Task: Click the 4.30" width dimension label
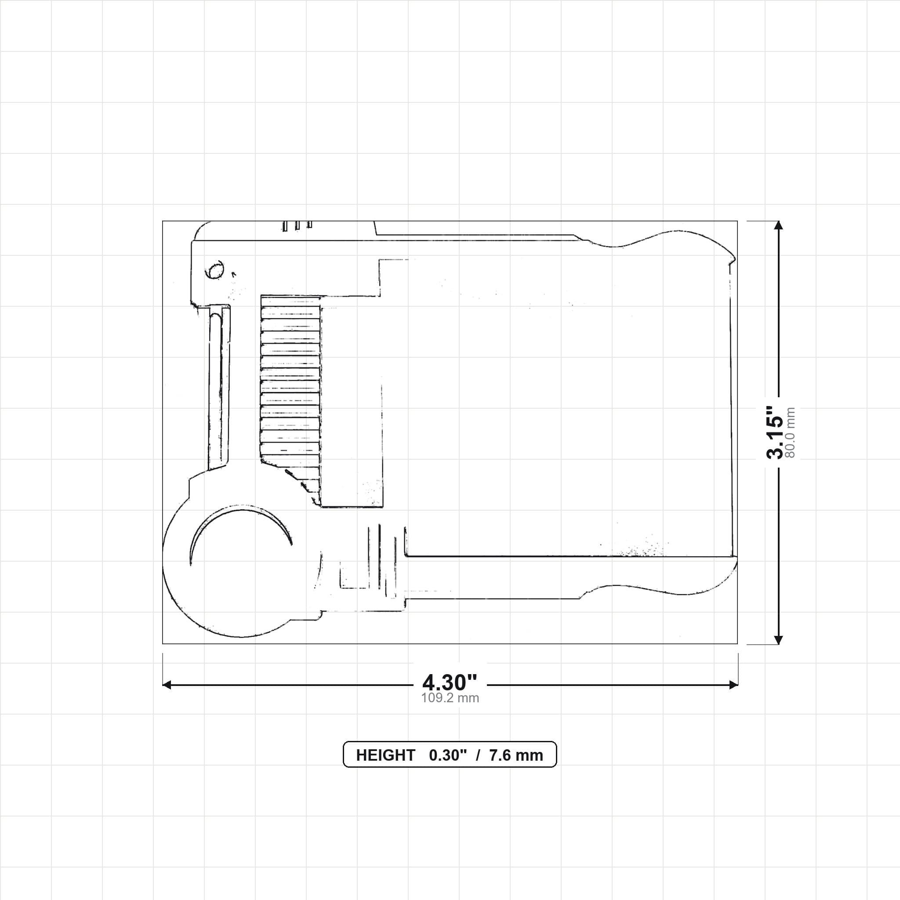pos(450,682)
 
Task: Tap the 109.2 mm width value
pos(450,698)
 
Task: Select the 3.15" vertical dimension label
pos(775,433)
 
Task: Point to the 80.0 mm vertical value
pos(790,433)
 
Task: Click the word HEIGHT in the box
pos(385,755)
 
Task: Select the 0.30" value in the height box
pos(448,755)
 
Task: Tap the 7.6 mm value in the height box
pos(516,755)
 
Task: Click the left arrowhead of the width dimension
pos(167,684)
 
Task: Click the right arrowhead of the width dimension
pos(734,684)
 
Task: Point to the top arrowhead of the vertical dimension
pos(778,225)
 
